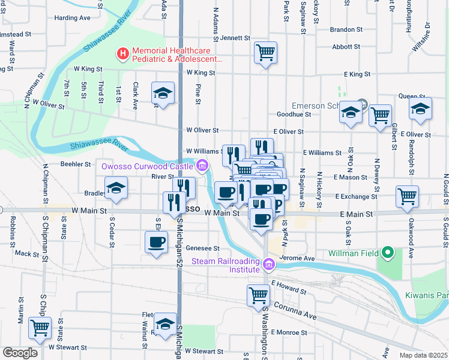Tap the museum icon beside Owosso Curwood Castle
pyautogui.click(x=202, y=166)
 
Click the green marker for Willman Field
pyautogui.click(x=388, y=253)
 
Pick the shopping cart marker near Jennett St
pyautogui.click(x=265, y=53)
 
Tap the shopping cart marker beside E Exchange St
pyautogui.click(x=407, y=196)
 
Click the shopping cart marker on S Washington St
pyautogui.click(x=258, y=295)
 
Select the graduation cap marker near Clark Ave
pyautogui.click(x=161, y=93)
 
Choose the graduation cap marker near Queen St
pyautogui.click(x=420, y=109)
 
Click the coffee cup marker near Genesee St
pyautogui.click(x=157, y=242)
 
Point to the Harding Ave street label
pyautogui.click(x=72, y=18)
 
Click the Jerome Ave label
pyautogui.click(x=301, y=258)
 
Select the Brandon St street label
pyautogui.click(x=346, y=29)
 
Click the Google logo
pyautogui.click(x=20, y=352)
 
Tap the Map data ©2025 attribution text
pyautogui.click(x=423, y=355)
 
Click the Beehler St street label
pyautogui.click(x=76, y=164)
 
